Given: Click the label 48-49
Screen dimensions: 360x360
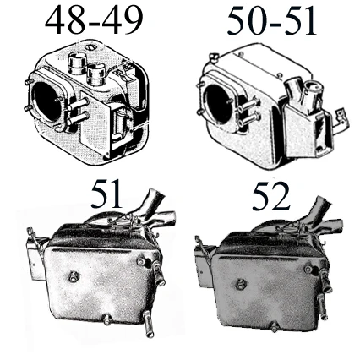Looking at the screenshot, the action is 94,19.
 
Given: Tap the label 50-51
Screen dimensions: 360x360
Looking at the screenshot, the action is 272,21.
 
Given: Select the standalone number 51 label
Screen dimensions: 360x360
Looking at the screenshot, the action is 106,194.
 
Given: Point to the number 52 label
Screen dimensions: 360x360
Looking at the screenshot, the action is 270,196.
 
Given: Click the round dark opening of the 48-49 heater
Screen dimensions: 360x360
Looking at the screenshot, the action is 46,101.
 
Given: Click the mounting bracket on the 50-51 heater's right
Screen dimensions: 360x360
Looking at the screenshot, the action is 342,120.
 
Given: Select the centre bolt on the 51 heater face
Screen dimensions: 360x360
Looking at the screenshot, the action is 74,276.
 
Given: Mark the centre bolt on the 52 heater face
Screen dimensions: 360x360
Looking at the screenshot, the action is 241,285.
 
